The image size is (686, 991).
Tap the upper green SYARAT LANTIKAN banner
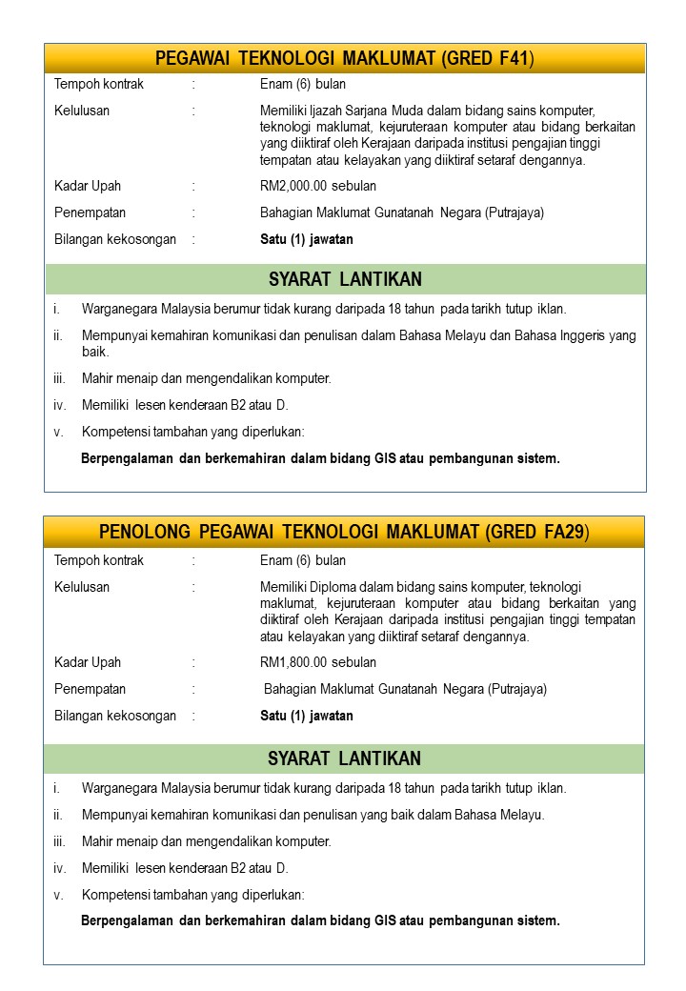pos(345,279)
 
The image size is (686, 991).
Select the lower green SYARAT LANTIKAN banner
pos(344,758)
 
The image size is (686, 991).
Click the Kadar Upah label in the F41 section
pos(88,186)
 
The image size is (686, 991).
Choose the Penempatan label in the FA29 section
pos(90,689)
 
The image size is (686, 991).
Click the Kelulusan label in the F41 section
pos(82,111)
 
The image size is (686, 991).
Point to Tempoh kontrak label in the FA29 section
pos(99,560)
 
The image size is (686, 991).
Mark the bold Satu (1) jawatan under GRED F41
pos(307,239)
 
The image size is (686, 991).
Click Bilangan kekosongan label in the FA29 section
pos(115,716)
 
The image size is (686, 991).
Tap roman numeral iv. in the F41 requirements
pos(60,405)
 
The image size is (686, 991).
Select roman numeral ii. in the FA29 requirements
pos(58,815)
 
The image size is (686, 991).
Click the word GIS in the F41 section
pos(386,458)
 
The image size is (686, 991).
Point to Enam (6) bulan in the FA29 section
pos(303,560)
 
